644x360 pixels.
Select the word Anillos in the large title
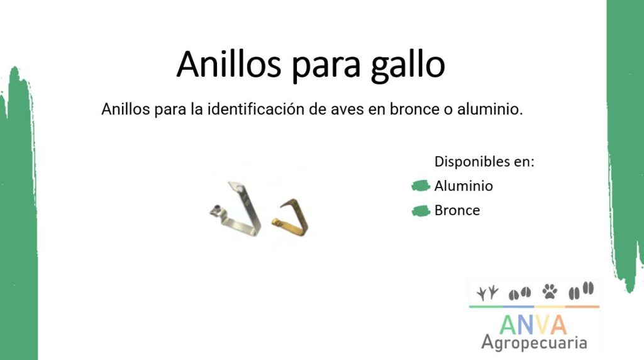click(229, 64)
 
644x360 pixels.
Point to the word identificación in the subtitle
click(255, 110)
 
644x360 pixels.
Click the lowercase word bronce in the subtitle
click(414, 110)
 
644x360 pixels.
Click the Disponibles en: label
click(484, 162)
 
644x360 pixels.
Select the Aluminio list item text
click(464, 186)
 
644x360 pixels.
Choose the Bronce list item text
click(457, 210)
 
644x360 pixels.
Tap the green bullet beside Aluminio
click(421, 186)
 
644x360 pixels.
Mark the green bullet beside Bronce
click(421, 211)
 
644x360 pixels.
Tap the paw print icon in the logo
click(550, 291)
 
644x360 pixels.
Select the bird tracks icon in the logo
click(487, 293)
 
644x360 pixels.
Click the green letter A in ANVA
click(508, 325)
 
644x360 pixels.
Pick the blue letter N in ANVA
click(528, 325)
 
